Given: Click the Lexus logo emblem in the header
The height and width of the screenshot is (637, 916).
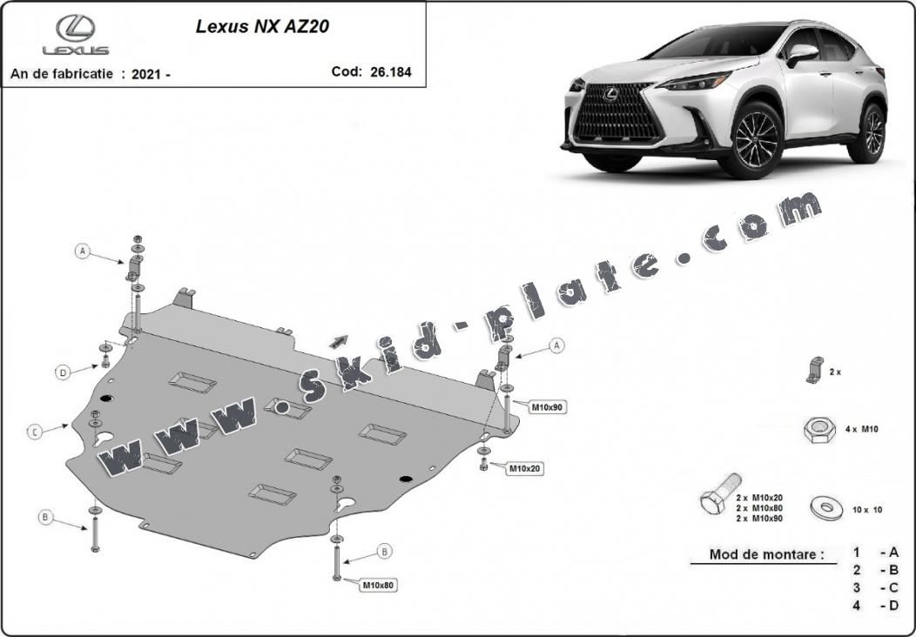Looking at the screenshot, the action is (x=76, y=29).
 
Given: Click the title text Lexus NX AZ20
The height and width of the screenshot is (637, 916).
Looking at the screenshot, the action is (x=262, y=26).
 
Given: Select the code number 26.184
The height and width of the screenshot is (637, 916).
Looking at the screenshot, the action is (x=391, y=72).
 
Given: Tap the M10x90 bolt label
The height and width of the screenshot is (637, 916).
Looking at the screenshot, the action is (x=548, y=407).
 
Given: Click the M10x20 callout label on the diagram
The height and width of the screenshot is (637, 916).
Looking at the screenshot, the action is (x=524, y=468).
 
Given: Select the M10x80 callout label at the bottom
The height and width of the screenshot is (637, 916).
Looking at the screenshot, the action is (x=379, y=585).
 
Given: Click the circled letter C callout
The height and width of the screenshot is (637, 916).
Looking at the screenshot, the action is (x=35, y=432).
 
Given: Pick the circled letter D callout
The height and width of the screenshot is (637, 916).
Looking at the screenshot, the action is (x=63, y=372).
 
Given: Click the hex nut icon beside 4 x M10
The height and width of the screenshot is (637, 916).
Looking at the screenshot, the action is (x=819, y=430).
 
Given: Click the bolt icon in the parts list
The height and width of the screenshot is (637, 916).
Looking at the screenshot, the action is (x=720, y=493).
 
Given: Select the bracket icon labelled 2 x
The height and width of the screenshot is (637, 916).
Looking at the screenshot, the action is (x=814, y=370).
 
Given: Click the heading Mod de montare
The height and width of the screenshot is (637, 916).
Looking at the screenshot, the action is (x=766, y=554).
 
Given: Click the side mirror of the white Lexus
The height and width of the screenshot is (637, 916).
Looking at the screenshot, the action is (x=801, y=54).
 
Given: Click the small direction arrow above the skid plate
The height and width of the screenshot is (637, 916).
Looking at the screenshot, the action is (x=339, y=342).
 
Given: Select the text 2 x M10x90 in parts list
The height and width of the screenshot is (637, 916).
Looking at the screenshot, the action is (x=759, y=518).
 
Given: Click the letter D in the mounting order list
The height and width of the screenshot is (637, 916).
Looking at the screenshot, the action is (x=893, y=606).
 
